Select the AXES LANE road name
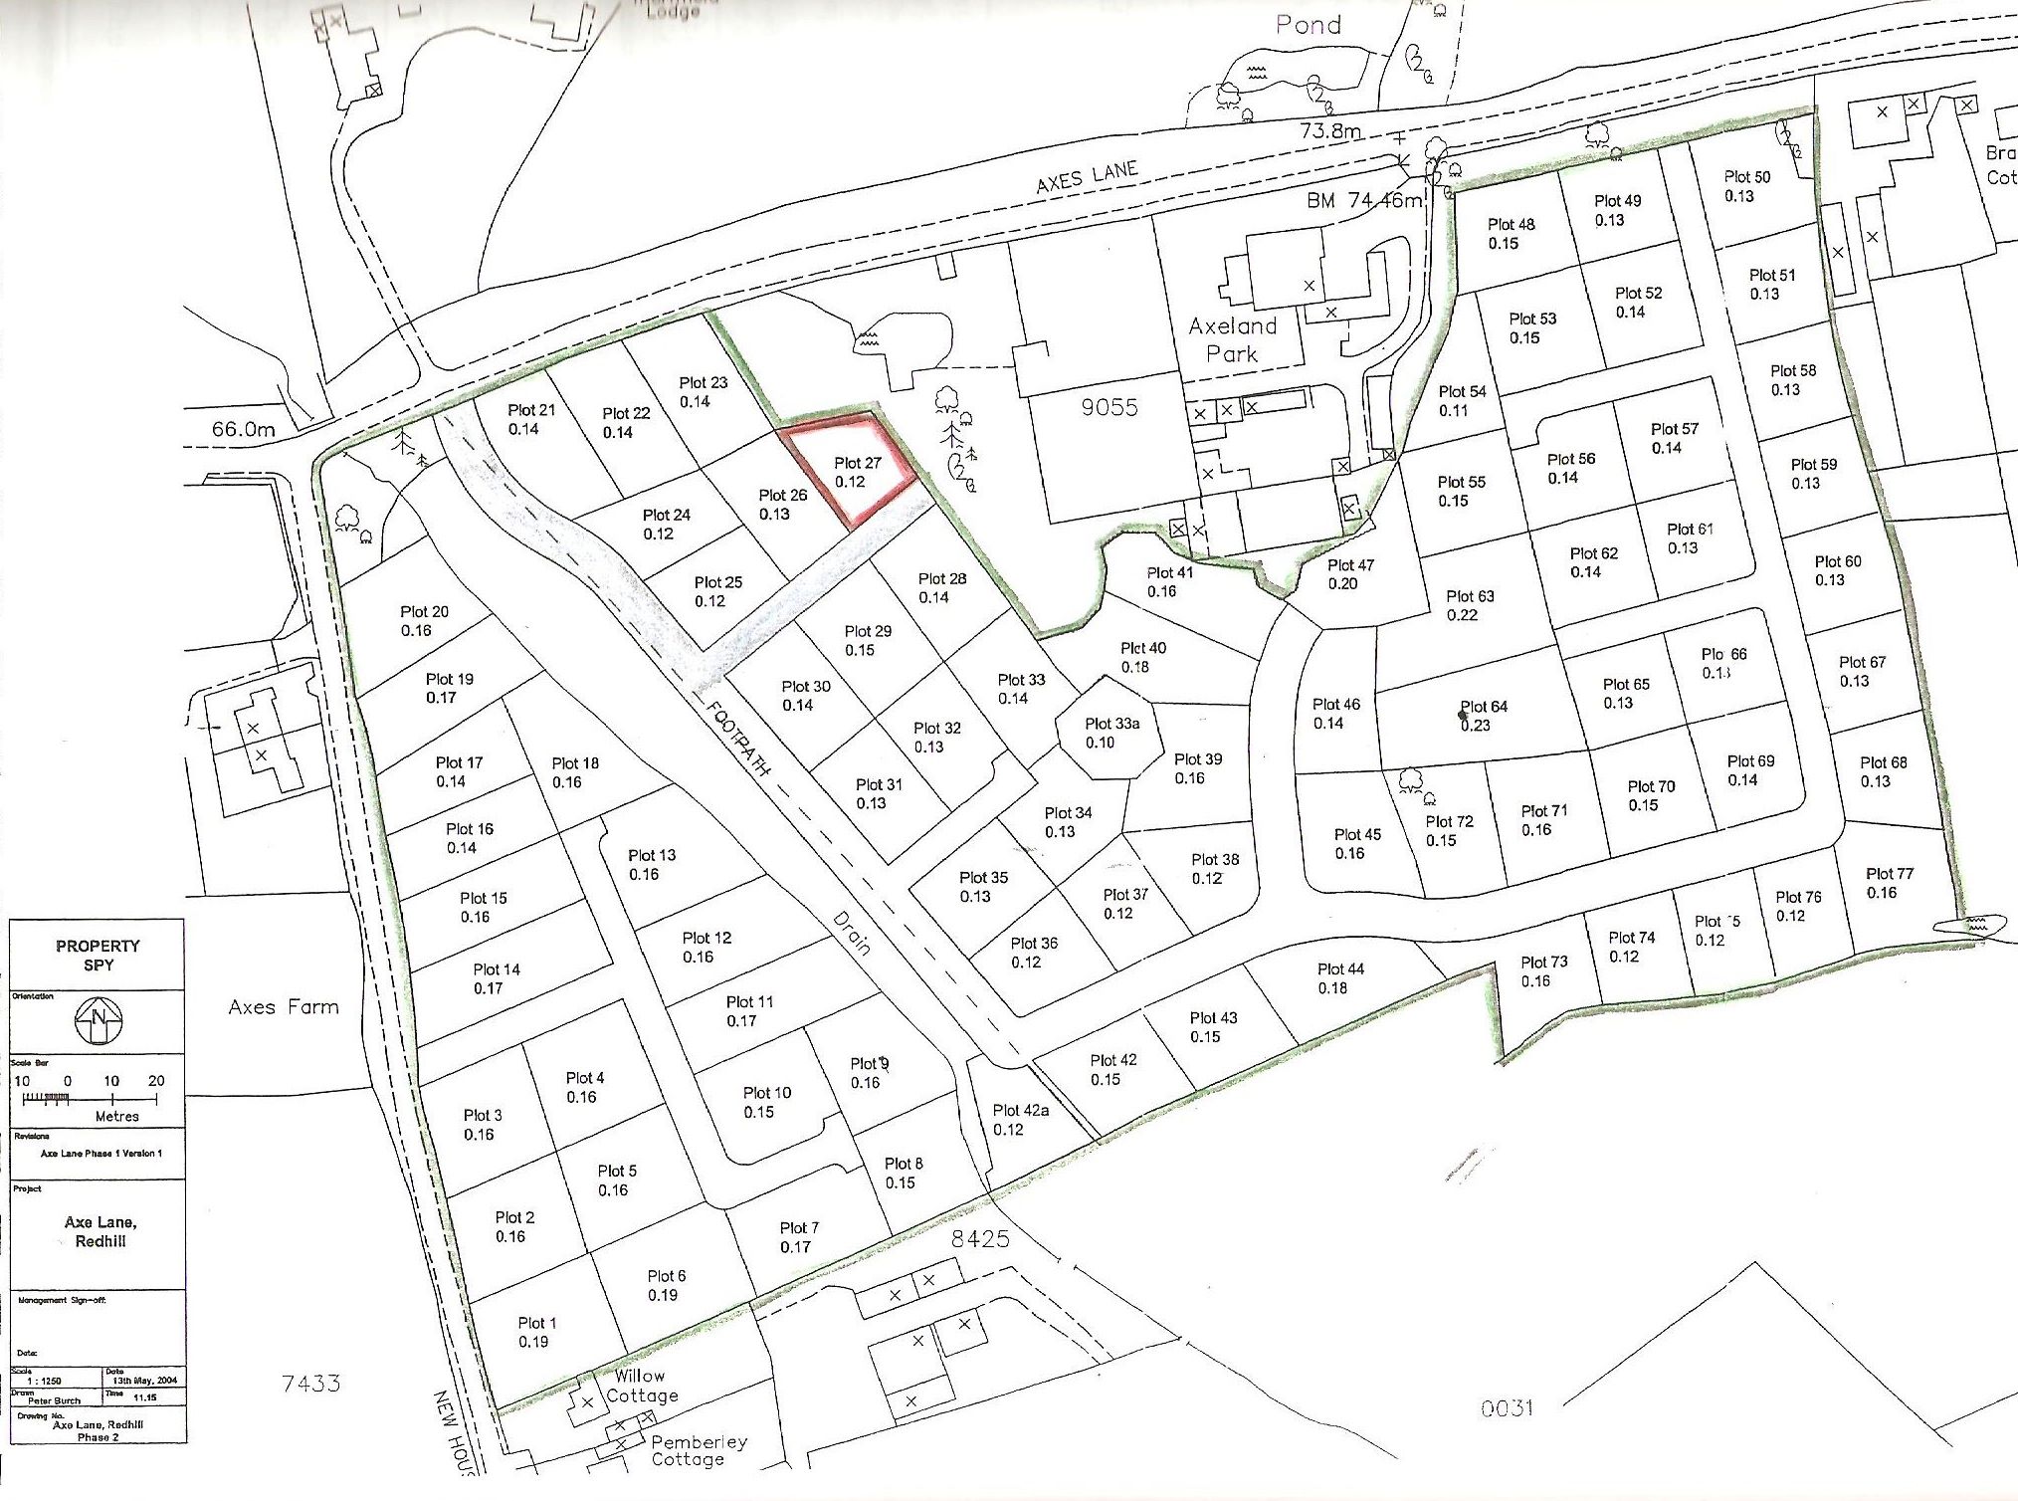tap(1087, 177)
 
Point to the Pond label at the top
tap(1309, 25)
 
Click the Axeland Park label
tap(1232, 339)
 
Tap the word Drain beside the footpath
tap(852, 933)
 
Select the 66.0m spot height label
tap(243, 429)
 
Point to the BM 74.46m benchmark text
tap(1364, 200)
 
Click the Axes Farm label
tap(284, 1007)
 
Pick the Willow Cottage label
tap(641, 1387)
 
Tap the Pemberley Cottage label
tap(699, 1450)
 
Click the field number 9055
tap(1110, 407)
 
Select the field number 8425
tap(980, 1238)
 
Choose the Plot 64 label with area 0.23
tap(1483, 716)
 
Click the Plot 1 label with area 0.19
tap(536, 1332)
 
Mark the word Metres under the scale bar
tap(117, 1117)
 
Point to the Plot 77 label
tap(1888, 883)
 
